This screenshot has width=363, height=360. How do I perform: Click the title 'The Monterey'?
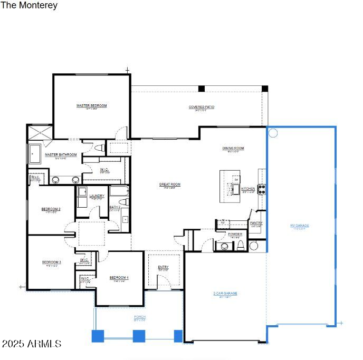(29, 6)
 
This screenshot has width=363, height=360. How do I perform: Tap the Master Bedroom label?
(91, 106)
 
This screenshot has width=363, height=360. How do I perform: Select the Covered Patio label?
(202, 108)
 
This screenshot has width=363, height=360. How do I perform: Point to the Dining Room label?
(233, 149)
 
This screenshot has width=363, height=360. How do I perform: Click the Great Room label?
(170, 184)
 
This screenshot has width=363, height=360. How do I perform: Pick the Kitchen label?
(248, 189)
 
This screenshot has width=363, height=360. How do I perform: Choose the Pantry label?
(256, 223)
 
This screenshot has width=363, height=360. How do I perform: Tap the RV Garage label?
(300, 226)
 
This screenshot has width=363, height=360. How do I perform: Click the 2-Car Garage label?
(225, 294)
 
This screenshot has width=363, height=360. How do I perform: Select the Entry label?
(164, 267)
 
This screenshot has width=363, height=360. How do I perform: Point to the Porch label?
(140, 317)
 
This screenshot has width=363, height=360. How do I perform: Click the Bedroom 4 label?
(119, 278)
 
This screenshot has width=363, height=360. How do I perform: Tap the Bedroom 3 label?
(52, 262)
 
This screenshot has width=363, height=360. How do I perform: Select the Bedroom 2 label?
(51, 209)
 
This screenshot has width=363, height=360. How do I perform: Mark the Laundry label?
(97, 196)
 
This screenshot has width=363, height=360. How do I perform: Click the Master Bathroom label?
(61, 155)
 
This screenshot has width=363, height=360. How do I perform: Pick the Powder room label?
(235, 234)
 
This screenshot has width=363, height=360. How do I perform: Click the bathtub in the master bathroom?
(36, 154)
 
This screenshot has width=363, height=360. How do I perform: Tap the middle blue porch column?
(139, 336)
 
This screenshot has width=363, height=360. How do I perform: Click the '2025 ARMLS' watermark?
(31, 344)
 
